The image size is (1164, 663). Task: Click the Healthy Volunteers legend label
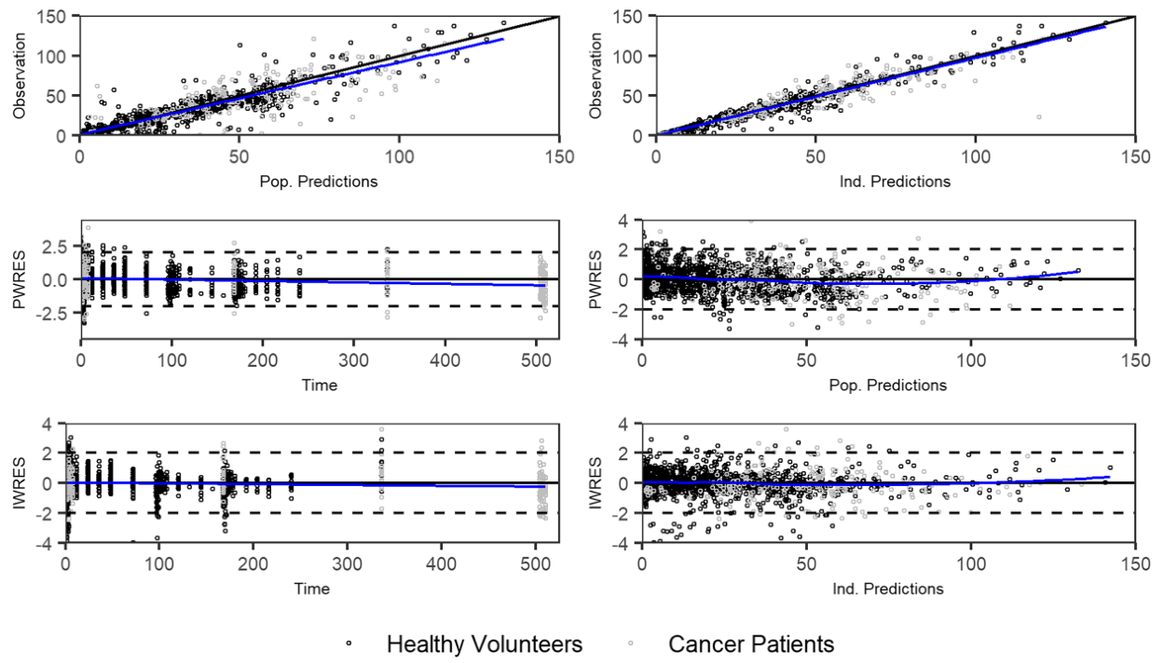pyautogui.click(x=485, y=643)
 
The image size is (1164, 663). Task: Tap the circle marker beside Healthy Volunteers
pyautogui.click(x=348, y=644)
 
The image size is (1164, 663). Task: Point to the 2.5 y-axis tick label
pyautogui.click(x=53, y=246)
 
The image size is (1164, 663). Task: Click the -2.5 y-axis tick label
pyautogui.click(x=50, y=312)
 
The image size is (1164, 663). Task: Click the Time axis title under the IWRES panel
pyautogui.click(x=306, y=589)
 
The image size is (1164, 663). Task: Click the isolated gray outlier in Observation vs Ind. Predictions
pyautogui.click(x=1039, y=116)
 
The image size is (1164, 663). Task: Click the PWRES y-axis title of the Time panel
pyautogui.click(x=18, y=278)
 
